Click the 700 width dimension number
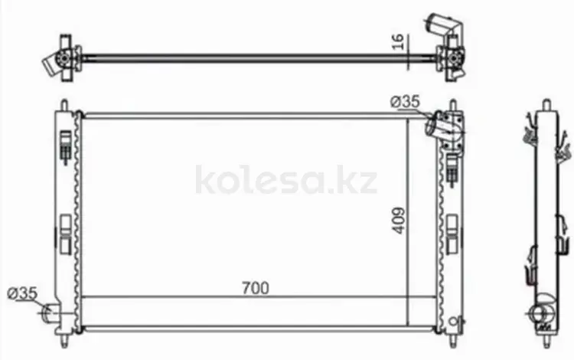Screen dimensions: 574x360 click(256, 288)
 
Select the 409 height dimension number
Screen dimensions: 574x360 click(399, 221)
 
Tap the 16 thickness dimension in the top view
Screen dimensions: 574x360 click(397, 42)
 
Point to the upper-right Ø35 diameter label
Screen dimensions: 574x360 click(405, 101)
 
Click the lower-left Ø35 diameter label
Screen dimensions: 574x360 click(22, 293)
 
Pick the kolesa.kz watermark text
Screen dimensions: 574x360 click(286, 179)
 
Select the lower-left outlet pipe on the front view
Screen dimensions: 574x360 click(48, 313)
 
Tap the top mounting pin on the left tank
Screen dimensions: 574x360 click(64, 105)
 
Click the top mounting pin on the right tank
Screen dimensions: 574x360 click(453, 105)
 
